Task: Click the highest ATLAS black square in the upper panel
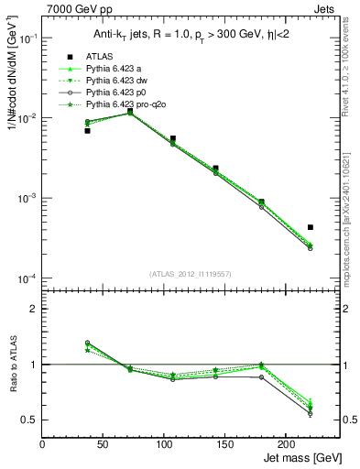pyautogui.click(x=131, y=111)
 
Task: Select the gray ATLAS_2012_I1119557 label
pyautogui.click(x=191, y=274)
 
